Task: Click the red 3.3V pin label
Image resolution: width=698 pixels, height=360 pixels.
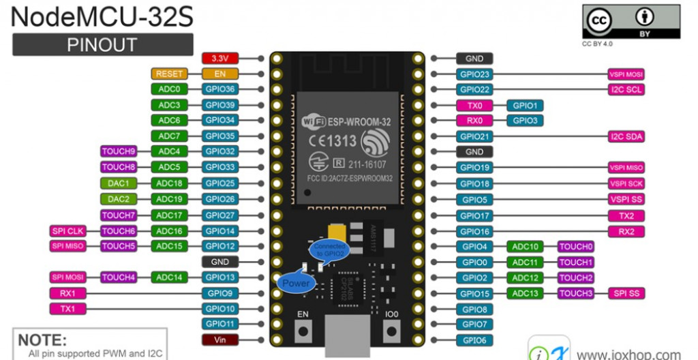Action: point(219,59)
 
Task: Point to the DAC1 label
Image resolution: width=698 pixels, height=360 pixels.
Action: point(118,183)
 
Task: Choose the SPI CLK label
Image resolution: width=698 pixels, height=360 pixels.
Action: point(67,231)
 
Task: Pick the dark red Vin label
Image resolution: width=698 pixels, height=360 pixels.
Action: point(219,339)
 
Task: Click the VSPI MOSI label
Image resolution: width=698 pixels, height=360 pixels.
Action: point(626,74)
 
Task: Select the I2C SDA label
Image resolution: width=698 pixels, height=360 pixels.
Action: point(626,136)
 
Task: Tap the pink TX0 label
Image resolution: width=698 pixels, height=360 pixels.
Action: point(475,106)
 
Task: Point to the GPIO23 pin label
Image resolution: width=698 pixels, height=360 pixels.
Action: point(475,74)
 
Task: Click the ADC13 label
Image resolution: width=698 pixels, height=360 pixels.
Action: point(526,293)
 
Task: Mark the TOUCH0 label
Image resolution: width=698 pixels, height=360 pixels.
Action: point(576,247)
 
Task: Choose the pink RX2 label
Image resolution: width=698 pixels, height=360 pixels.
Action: point(626,231)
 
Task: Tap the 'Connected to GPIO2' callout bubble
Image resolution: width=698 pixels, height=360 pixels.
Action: point(329,250)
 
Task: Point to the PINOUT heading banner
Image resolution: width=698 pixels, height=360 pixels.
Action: point(102,45)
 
